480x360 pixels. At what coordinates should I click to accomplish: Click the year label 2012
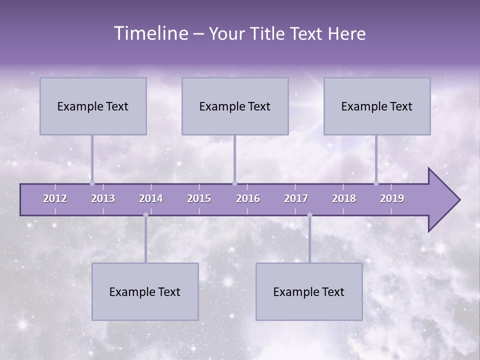click(x=55, y=199)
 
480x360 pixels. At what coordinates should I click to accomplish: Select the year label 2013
click(x=103, y=199)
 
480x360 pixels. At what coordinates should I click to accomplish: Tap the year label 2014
click(x=151, y=199)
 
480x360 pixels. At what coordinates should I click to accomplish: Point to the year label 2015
click(x=199, y=199)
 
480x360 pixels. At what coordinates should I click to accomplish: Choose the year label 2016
click(x=248, y=199)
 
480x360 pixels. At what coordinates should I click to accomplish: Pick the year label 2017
click(x=296, y=199)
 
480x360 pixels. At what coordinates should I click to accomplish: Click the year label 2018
click(x=344, y=199)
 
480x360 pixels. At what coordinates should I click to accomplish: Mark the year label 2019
click(x=392, y=199)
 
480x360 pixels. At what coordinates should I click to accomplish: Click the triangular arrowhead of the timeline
click(x=442, y=200)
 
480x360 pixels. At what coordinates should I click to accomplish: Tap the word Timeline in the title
click(x=150, y=33)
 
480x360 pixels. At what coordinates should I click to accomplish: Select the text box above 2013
click(x=93, y=106)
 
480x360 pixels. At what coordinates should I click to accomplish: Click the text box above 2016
click(x=235, y=106)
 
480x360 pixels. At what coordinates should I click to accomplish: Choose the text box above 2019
click(x=377, y=106)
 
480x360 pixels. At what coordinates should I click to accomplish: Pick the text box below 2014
click(x=145, y=292)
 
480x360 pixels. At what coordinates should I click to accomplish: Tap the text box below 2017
click(x=309, y=292)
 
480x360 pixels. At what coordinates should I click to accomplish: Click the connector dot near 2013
click(x=92, y=183)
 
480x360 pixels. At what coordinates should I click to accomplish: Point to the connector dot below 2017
click(x=309, y=215)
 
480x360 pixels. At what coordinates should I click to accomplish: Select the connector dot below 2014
click(x=145, y=215)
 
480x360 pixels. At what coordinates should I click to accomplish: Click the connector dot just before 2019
click(x=376, y=183)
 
